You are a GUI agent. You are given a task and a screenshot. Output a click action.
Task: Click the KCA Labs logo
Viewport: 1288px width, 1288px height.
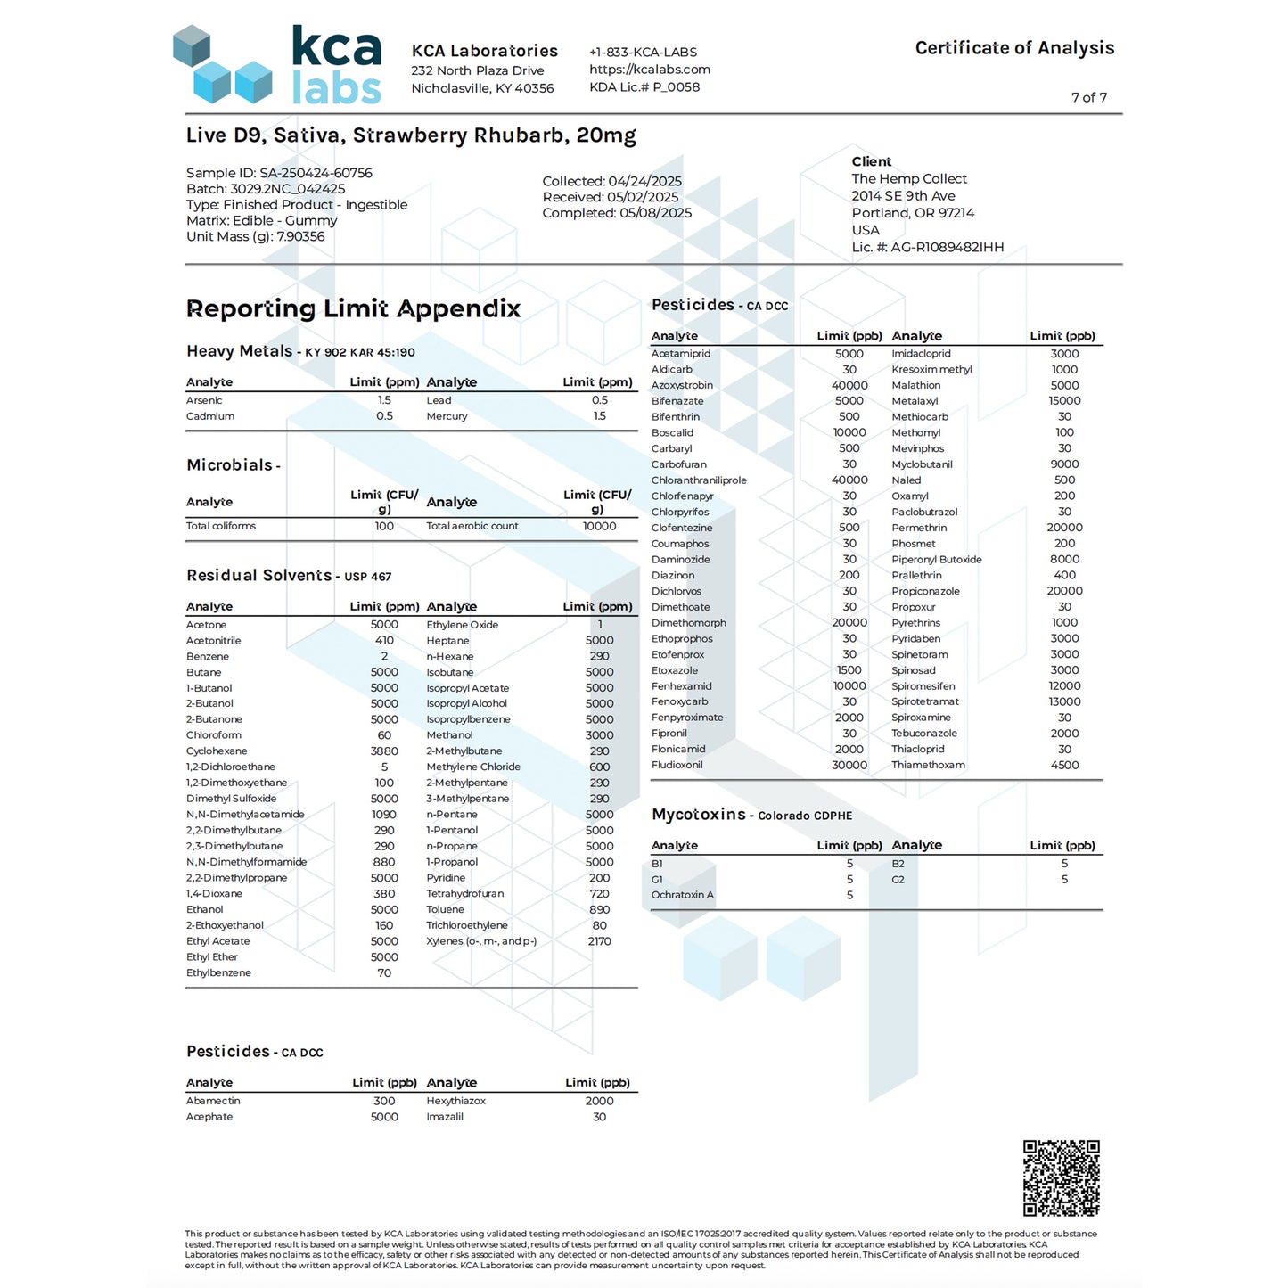[x=277, y=65]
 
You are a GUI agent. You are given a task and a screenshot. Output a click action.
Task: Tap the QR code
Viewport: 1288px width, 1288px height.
[x=1061, y=1177]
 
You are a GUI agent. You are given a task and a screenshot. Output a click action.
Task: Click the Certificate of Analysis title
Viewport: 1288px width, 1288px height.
[x=1014, y=48]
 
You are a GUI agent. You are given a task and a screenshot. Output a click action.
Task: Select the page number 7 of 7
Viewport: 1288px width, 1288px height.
[x=1088, y=97]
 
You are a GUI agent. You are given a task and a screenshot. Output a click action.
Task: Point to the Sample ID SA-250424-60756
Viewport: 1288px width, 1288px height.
[x=279, y=173]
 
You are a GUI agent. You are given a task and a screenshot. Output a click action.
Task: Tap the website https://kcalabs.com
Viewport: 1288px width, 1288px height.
[x=649, y=70]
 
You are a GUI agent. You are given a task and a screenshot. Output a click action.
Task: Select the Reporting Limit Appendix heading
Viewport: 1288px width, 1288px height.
[x=353, y=308]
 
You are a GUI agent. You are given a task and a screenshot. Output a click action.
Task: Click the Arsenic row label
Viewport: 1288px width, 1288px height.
[x=204, y=400]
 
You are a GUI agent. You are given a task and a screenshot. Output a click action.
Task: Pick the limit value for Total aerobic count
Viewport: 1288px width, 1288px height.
[x=599, y=526]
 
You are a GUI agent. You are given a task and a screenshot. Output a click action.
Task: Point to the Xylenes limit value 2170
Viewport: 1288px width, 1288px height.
[x=599, y=941]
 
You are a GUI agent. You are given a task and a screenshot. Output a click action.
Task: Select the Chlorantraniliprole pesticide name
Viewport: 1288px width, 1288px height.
[x=699, y=480]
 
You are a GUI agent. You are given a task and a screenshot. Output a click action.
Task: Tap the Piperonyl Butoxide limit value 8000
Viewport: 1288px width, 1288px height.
[x=1064, y=560]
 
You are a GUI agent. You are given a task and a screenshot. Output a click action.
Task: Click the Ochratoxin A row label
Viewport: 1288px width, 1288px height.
[x=682, y=895]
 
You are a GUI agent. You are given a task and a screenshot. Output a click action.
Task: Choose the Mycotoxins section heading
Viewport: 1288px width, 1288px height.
[x=699, y=815]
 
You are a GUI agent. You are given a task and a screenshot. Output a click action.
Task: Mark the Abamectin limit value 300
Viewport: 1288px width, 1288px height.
[x=384, y=1101]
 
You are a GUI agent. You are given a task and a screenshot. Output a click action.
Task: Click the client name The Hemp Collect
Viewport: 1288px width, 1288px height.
[x=909, y=178]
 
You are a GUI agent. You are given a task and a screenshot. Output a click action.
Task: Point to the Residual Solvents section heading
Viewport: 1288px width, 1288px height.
[x=258, y=576]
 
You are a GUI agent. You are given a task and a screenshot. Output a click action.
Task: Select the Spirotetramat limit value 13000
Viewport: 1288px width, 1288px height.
[x=1064, y=701]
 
